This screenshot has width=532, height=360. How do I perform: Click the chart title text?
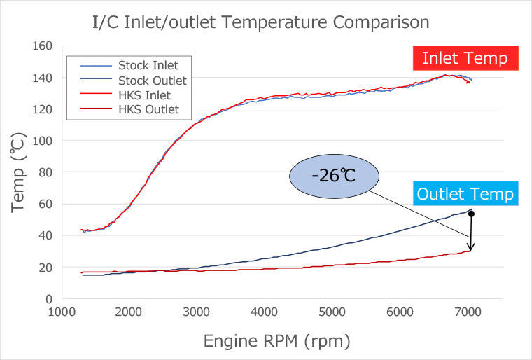pyautogui.click(x=260, y=22)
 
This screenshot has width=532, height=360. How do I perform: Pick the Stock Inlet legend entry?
pyautogui.click(x=147, y=65)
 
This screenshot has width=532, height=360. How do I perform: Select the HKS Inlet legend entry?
pyautogui.click(x=144, y=95)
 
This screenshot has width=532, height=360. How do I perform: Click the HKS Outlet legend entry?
pyautogui.click(x=148, y=109)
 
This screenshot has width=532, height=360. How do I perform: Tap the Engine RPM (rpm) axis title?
pyautogui.click(x=276, y=341)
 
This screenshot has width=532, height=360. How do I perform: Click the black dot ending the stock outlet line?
pyautogui.click(x=472, y=213)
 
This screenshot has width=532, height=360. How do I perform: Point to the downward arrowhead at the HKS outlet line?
pyautogui.click(x=472, y=247)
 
